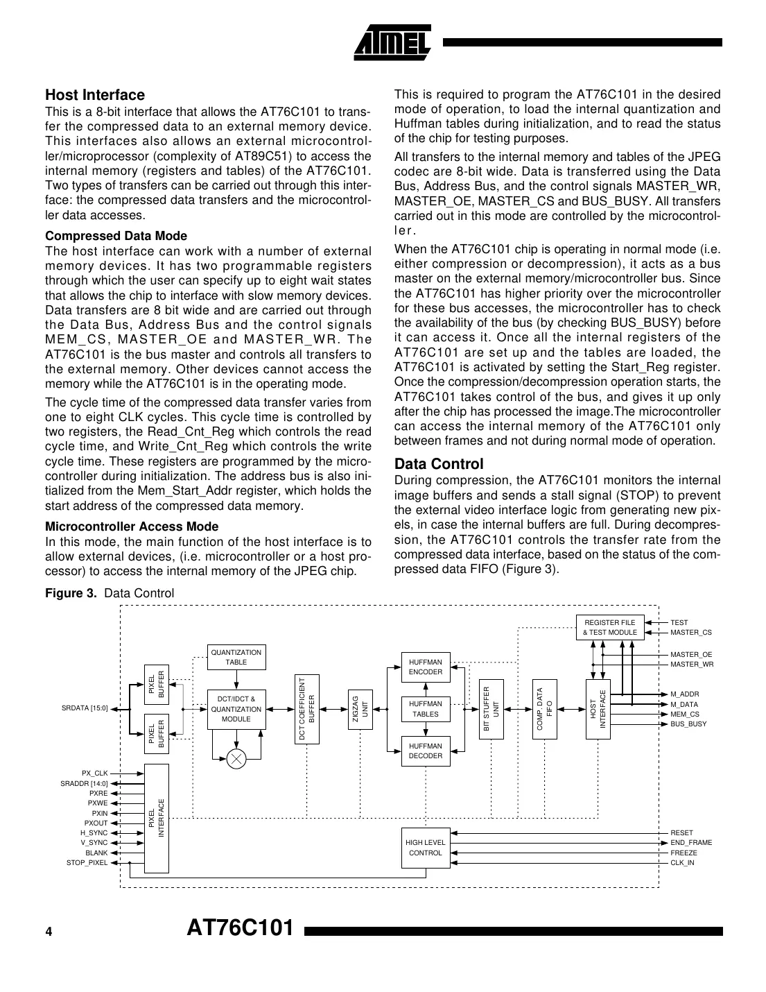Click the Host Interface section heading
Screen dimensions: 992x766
[x=95, y=95]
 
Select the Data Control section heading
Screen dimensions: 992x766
[x=438, y=463]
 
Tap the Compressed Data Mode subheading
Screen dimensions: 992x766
[x=116, y=236]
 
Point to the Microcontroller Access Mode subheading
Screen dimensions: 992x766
[x=132, y=527]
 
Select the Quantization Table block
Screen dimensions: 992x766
[x=236, y=657]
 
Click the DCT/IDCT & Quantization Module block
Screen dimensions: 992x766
[x=236, y=709]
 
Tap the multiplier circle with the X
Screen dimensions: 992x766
[x=236, y=758]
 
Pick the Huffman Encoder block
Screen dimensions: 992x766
[x=425, y=667]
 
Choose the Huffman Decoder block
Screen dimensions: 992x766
[x=425, y=751]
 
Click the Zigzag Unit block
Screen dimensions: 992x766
[x=360, y=709]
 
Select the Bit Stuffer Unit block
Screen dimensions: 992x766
[x=491, y=709]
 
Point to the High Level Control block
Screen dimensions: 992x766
[x=425, y=848]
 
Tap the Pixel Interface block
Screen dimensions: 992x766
[x=156, y=818]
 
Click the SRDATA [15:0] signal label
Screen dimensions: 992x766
[x=85, y=708]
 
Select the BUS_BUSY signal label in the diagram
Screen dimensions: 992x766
[x=688, y=724]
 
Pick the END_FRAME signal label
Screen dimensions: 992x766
[x=690, y=842]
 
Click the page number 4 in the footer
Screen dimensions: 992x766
[x=49, y=932]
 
